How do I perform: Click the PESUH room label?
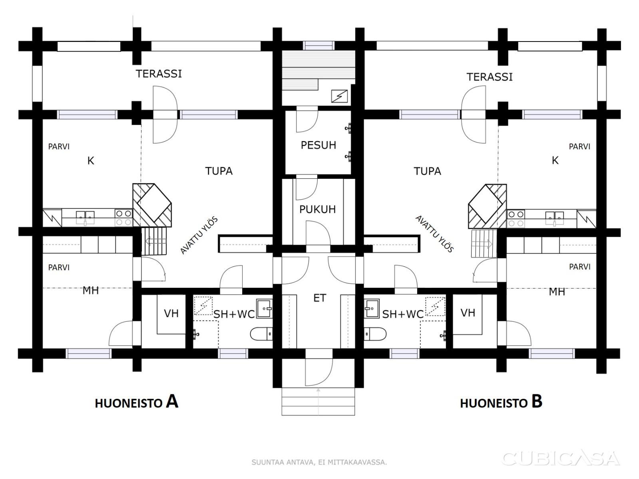(318, 145)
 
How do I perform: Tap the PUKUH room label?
(317, 209)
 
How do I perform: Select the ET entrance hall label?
(320, 298)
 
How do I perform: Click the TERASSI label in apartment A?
(159, 74)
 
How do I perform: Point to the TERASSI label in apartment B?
(490, 77)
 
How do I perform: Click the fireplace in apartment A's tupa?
(152, 205)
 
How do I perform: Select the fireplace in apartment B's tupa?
(487, 206)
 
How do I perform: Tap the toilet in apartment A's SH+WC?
(261, 334)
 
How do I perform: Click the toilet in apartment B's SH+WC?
(375, 334)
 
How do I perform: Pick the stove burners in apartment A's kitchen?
(124, 218)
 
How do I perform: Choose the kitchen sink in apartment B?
(555, 218)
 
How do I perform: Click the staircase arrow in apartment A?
(155, 241)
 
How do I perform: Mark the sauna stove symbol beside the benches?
(339, 96)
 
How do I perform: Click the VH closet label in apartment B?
(468, 313)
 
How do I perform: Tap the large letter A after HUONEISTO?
(172, 402)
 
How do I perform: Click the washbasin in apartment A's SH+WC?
(264, 309)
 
